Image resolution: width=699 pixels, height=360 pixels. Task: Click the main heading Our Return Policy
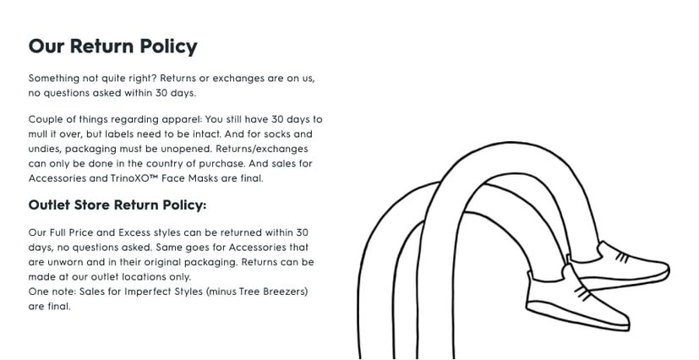coord(112,46)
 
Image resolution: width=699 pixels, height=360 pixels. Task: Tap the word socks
coord(278,134)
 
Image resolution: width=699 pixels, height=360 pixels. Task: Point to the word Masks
coord(204,178)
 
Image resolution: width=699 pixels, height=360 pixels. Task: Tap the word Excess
coord(134,232)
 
